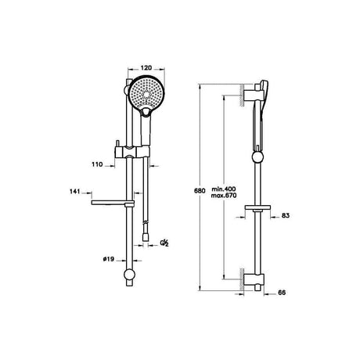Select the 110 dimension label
(x=96, y=166)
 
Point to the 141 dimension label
(x=75, y=190)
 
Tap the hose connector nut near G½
(x=147, y=234)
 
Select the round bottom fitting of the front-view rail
(x=129, y=276)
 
